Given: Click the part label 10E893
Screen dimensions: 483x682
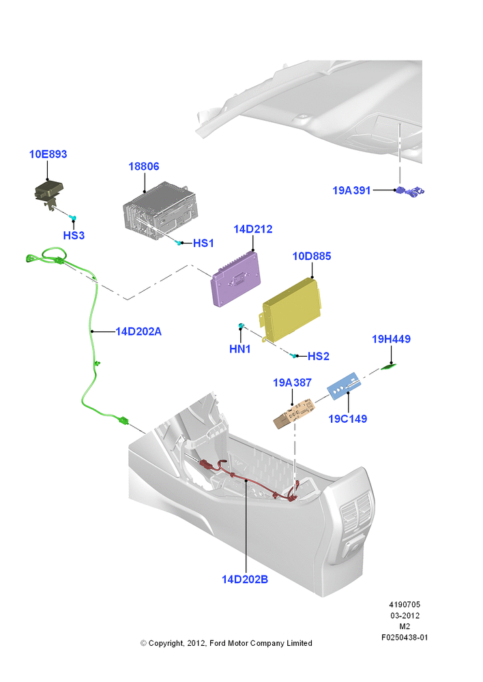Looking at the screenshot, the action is (48, 154).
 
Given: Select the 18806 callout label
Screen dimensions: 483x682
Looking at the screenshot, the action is (143, 166).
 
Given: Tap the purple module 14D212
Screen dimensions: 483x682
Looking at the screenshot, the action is (236, 279).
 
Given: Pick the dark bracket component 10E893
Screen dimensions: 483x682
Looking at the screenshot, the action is (48, 193).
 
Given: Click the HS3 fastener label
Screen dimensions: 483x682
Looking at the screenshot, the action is (74, 235).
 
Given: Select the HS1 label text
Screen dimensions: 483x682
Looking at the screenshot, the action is (203, 243).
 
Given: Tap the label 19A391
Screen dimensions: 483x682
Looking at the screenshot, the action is (351, 190).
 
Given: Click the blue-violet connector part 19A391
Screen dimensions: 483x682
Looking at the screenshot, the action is (409, 191).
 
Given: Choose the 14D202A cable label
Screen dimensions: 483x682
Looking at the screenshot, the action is (138, 331).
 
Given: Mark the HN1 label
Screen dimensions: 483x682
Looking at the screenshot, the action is (239, 349).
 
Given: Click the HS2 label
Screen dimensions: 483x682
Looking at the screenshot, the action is (318, 356).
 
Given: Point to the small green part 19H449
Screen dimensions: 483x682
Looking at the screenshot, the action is (390, 367).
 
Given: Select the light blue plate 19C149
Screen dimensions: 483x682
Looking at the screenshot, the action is (343, 386).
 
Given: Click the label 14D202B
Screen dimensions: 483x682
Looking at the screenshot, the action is (245, 579).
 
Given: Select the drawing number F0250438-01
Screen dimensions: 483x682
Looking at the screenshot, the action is (405, 637).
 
